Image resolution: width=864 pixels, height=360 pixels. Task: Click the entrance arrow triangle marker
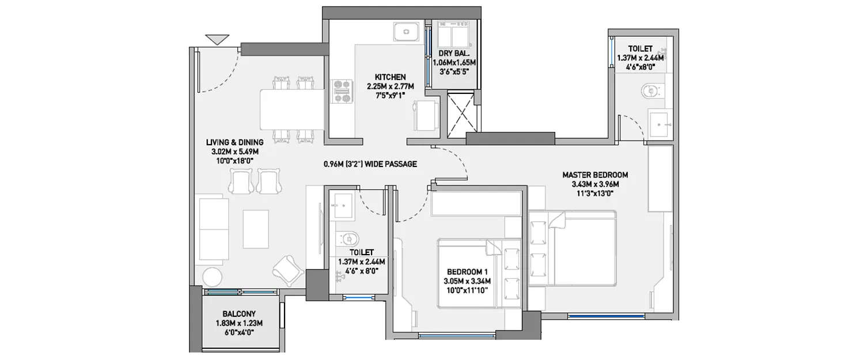point(217,40)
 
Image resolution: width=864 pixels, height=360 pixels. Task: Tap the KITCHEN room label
point(391,77)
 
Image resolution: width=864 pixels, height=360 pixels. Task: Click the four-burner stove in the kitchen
point(342,92)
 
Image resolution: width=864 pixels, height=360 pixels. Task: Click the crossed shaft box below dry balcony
point(461,112)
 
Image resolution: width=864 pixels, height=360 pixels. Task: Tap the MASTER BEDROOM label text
point(595,175)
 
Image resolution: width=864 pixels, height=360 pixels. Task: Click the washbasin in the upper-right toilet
point(660,123)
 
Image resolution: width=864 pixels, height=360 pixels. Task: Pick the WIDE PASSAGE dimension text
point(370,164)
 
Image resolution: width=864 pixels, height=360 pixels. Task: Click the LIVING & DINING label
point(234,142)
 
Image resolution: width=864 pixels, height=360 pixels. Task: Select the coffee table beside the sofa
point(256,228)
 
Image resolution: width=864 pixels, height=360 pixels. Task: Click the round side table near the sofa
point(211,276)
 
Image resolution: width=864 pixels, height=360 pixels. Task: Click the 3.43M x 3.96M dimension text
point(595,184)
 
